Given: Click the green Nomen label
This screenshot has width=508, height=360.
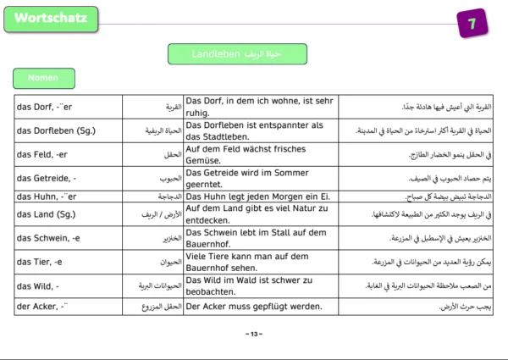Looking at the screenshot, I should click(42, 77).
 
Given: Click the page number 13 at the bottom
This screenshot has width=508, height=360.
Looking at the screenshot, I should click(253, 334).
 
